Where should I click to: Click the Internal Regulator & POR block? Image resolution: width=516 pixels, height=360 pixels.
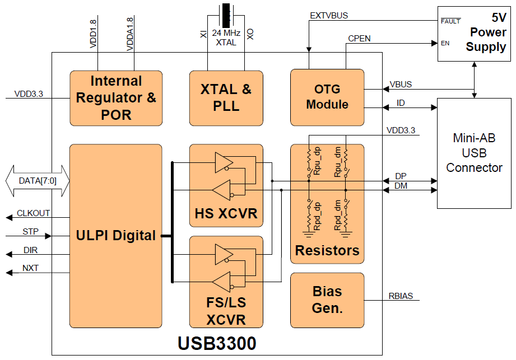tap(116, 98)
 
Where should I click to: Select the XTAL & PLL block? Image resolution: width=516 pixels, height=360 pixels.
tap(226, 98)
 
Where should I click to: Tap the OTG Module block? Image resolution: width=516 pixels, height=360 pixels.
tap(327, 97)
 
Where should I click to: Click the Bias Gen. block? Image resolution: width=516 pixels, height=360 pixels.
tap(327, 300)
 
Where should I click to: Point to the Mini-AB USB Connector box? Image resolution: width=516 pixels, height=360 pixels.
tap(474, 153)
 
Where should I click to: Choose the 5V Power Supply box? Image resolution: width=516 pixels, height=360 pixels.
tap(474, 34)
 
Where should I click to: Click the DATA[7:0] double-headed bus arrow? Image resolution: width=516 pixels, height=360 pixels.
tap(38, 181)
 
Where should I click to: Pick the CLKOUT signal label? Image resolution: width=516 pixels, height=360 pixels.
tap(33, 213)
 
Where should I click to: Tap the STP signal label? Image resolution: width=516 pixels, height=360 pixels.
tap(30, 231)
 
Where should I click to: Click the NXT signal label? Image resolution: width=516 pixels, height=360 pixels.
tap(30, 268)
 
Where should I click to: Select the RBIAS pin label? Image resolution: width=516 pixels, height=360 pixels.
tap(401, 296)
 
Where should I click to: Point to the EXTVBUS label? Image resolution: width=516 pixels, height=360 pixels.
tap(329, 16)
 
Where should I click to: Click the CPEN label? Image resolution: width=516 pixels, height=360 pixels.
tap(359, 39)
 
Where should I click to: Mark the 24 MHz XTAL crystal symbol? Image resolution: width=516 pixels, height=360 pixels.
tap(226, 16)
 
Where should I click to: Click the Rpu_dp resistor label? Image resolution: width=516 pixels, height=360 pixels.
tap(317, 161)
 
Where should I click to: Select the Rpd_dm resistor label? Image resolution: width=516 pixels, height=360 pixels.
tap(338, 216)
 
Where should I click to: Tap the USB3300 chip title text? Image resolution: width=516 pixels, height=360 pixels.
tap(217, 343)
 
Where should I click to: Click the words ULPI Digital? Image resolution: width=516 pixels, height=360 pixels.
tap(116, 235)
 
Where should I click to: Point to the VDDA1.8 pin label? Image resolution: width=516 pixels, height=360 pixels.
tap(130, 34)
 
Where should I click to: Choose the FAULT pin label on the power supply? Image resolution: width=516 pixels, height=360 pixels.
tap(450, 21)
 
